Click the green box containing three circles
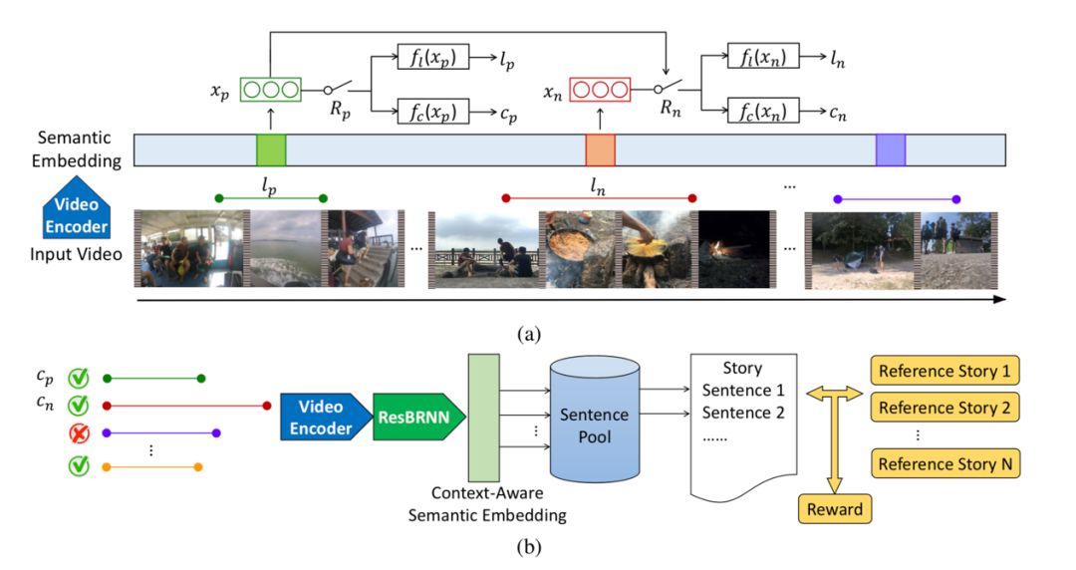(x=270, y=89)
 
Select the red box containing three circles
(x=599, y=89)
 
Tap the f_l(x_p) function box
(x=432, y=58)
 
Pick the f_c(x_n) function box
(x=763, y=110)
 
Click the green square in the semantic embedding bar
(x=271, y=149)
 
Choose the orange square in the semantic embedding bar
(x=600, y=149)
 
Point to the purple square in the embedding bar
(x=891, y=149)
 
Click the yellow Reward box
(x=835, y=510)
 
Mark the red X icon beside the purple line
(x=78, y=433)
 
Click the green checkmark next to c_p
(x=78, y=379)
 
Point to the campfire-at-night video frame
(x=735, y=249)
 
